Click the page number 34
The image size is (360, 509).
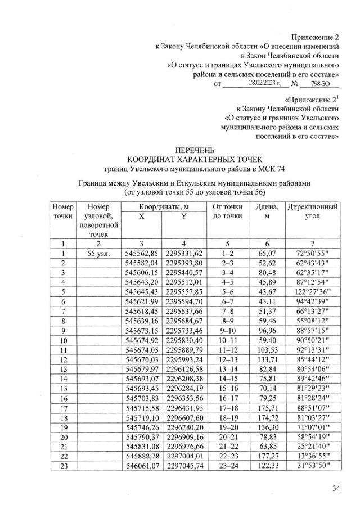coord(336,488)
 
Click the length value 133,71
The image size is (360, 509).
coord(267,359)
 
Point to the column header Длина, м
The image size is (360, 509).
coord(267,213)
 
